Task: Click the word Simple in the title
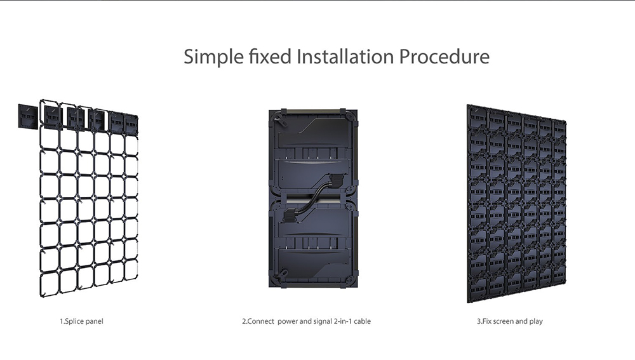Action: pos(213,57)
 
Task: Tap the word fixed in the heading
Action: pos(269,57)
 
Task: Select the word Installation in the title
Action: pos(345,57)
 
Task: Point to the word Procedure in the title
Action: pos(444,57)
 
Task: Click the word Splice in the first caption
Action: pos(73,321)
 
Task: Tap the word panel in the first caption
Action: pos(93,321)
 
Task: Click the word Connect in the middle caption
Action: pos(261,321)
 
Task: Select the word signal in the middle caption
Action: pos(323,321)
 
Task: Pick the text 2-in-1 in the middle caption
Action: pos(343,321)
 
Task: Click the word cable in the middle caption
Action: pos(363,321)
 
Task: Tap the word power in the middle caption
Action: pos(288,321)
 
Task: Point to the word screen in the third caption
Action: pos(505,321)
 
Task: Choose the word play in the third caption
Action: pos(536,321)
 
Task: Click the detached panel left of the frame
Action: pos(27,117)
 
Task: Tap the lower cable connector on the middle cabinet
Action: pos(291,215)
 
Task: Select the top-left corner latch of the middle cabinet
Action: pos(278,118)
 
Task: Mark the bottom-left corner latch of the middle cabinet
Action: pos(279,277)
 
